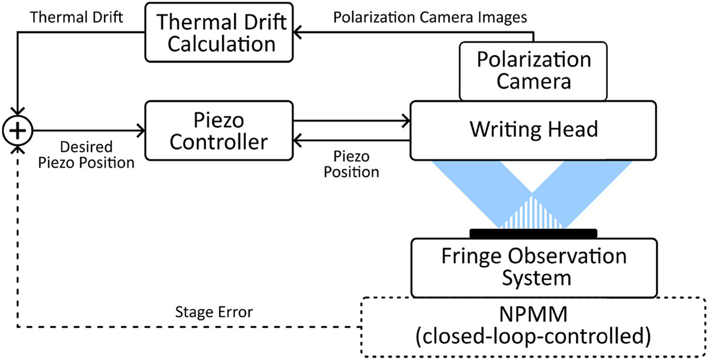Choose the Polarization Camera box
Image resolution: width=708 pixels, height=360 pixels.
click(x=533, y=70)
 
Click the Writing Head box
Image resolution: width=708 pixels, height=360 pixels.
click(x=533, y=130)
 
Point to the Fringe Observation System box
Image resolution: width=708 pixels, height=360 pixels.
click(x=533, y=267)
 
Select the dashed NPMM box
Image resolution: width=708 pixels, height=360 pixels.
click(x=533, y=326)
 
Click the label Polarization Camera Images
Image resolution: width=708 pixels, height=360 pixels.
click(x=430, y=16)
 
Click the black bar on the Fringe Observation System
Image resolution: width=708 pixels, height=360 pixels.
click(x=533, y=231)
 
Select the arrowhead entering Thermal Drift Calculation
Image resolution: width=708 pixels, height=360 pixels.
click(x=299, y=33)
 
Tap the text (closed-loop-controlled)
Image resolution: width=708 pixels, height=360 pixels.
click(x=533, y=338)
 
